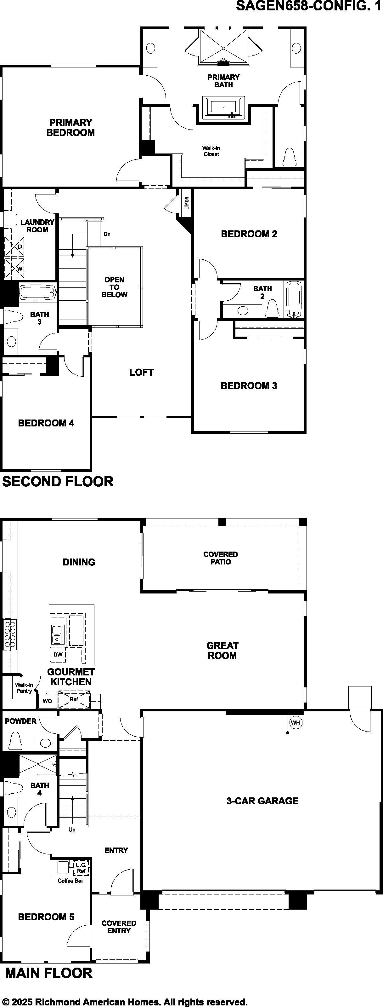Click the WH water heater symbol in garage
295,723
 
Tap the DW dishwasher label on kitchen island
58,654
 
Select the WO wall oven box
47,701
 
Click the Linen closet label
187,203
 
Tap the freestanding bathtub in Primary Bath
223,107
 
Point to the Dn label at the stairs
107,234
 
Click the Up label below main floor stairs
72,830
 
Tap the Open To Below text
114,287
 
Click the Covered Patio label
221,558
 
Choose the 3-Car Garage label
262,801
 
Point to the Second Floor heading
58,481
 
